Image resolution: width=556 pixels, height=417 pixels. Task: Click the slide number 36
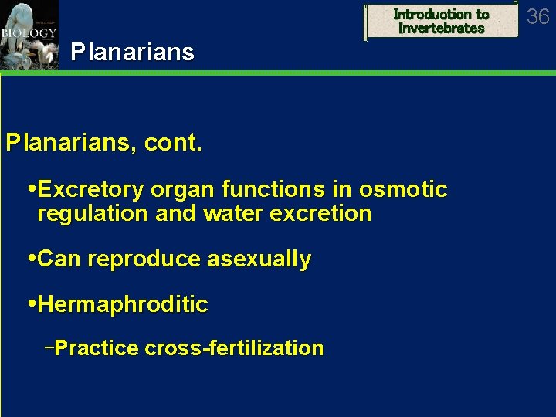tap(537, 17)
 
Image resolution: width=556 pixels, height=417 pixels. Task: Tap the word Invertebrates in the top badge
tap(441, 29)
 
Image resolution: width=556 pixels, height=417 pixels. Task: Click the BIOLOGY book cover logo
tap(29, 35)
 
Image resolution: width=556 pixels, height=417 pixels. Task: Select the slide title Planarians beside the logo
tap(132, 53)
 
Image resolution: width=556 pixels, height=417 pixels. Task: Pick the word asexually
tap(258, 259)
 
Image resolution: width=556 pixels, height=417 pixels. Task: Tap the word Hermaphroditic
tap(122, 305)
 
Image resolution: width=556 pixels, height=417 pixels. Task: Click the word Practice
tap(97, 348)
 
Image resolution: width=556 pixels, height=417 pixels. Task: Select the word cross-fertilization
tap(234, 348)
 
